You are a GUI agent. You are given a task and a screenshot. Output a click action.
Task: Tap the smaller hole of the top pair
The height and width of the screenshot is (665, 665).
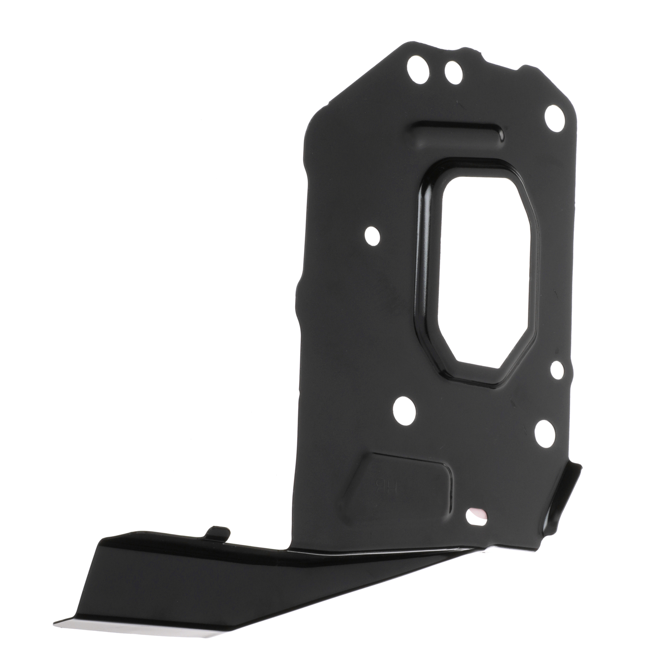(453, 73)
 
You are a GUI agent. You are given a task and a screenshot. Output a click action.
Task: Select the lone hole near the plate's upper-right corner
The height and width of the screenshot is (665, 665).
(554, 112)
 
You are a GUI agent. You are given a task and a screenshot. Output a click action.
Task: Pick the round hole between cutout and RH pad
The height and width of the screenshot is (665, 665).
(404, 411)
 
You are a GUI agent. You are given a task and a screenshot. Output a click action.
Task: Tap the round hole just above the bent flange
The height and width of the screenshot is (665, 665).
(544, 433)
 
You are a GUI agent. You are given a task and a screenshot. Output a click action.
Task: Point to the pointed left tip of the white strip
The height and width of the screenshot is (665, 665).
(56, 623)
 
